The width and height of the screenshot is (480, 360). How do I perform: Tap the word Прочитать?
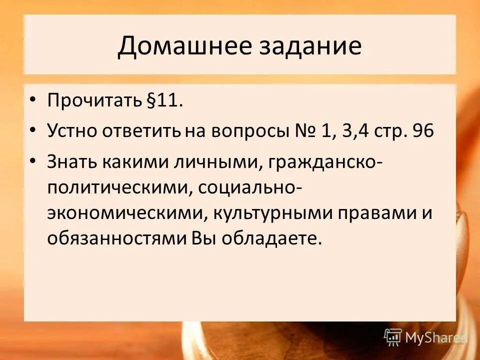(x=92, y=101)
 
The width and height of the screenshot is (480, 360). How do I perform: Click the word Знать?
(x=72, y=162)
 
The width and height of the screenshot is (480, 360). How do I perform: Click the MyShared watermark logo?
(x=425, y=337)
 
